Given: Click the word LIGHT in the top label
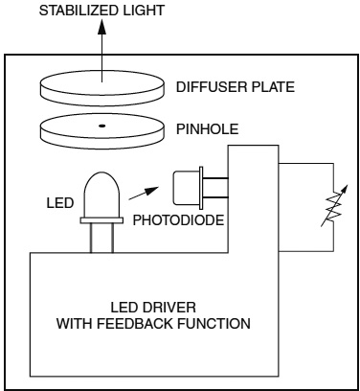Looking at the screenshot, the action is [x=140, y=11].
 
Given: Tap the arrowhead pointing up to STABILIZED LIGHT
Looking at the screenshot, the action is [x=101, y=27].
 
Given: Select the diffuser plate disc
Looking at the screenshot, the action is [x=102, y=88].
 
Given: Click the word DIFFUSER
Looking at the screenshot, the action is [x=211, y=87].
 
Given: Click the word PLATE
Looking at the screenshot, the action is [x=272, y=87].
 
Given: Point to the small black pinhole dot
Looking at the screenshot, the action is [x=101, y=126].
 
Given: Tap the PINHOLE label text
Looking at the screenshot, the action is [x=208, y=129].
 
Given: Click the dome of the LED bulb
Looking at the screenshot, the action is [x=101, y=195].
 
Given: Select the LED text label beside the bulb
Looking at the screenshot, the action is [x=60, y=203].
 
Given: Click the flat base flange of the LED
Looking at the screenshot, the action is [x=101, y=220].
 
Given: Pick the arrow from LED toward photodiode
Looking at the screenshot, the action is [x=144, y=194].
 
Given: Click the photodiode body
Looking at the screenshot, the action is [x=188, y=188].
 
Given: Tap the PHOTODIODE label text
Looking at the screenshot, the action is [x=178, y=220].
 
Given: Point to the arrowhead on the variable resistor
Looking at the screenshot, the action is [x=344, y=189].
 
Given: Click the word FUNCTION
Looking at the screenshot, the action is [x=214, y=324].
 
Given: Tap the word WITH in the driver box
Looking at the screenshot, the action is [x=75, y=324].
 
